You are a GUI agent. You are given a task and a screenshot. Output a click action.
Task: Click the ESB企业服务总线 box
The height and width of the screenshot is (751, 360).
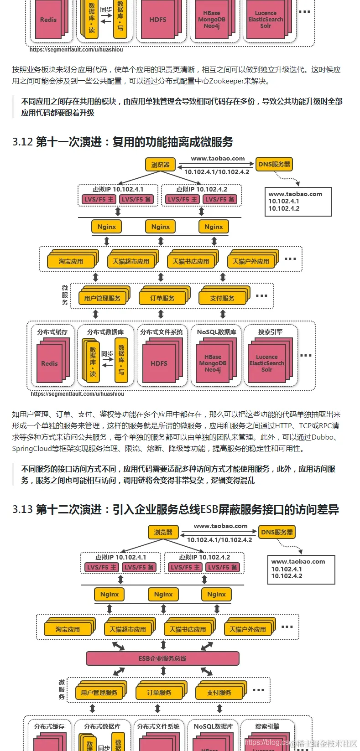pos(162,658)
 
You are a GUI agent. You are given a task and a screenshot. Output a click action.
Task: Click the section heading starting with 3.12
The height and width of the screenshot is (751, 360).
pos(122,142)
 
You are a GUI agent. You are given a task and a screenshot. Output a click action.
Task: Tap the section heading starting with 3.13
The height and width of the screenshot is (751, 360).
pos(176,509)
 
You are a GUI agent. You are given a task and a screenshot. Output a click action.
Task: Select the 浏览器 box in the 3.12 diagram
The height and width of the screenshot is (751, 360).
pos(160,165)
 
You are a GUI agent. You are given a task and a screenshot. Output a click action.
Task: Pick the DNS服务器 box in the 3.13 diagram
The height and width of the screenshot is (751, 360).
pos(277,532)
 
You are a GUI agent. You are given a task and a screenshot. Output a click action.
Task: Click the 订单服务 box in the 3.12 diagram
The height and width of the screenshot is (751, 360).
pos(162,298)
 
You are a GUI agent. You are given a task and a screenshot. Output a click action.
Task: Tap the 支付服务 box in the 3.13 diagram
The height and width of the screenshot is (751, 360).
pos(219,693)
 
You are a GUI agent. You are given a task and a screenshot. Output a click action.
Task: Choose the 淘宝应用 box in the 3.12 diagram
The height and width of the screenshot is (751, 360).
pos(71,262)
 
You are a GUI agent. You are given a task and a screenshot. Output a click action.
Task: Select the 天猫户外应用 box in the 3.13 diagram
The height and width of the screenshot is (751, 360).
pos(248,629)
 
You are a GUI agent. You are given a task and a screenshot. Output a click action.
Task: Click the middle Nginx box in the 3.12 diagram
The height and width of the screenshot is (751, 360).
pos(160,227)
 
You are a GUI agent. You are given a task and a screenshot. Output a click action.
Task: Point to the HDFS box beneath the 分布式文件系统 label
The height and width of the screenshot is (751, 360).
pos(159,363)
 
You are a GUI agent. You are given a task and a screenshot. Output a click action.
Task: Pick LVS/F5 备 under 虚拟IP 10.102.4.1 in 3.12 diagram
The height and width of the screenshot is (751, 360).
pos(136,199)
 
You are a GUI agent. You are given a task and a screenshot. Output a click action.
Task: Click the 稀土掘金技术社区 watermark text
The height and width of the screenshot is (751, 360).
pos(326,743)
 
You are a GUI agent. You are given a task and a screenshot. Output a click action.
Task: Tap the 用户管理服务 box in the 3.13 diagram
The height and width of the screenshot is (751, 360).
pos(99,693)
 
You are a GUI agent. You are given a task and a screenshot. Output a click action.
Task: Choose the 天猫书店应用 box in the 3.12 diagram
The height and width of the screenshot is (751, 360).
pos(191,262)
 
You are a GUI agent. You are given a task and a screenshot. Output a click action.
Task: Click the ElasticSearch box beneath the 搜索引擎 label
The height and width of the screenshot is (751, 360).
pos(266,363)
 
